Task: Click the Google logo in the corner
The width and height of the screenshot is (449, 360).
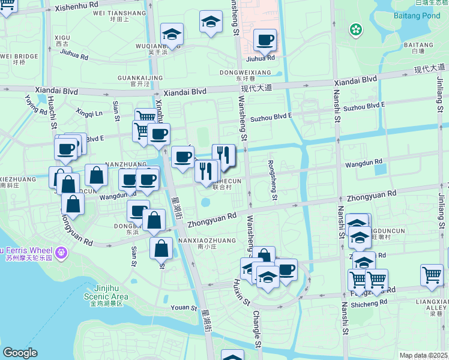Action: coord(20,353)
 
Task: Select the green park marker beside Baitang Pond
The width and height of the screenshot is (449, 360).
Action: coord(357,29)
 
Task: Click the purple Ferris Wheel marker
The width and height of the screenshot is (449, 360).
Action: coord(60,254)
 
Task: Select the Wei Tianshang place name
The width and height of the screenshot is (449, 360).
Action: coord(119,13)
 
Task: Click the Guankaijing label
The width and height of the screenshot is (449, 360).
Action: coord(140,78)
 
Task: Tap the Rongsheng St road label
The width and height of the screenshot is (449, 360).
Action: coord(273,179)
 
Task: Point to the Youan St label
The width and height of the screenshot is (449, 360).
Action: coord(184,308)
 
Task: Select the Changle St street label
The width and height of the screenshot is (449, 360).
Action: coord(256,329)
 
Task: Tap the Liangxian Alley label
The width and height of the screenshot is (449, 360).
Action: coord(431,306)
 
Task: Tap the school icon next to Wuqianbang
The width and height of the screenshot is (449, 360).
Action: coord(172,35)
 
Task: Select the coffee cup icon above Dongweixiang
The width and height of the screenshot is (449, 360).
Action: coord(265,41)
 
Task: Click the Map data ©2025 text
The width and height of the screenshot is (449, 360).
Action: coord(424,355)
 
